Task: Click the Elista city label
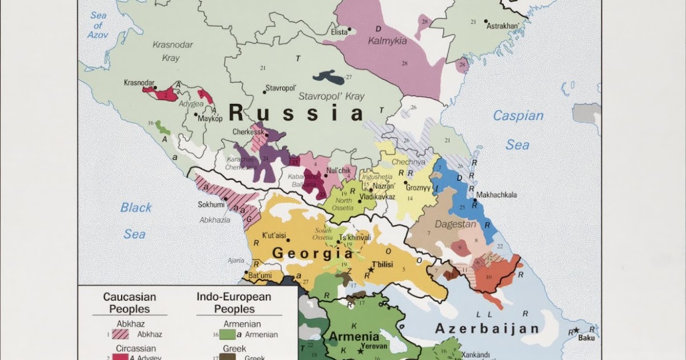click(339, 32)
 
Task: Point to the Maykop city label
click(210, 119)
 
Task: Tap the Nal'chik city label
click(338, 170)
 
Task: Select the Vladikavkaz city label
click(377, 197)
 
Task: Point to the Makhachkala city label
click(496, 195)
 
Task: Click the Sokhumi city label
click(210, 203)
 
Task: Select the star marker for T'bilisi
click(370, 269)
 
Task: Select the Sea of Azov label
click(98, 25)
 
